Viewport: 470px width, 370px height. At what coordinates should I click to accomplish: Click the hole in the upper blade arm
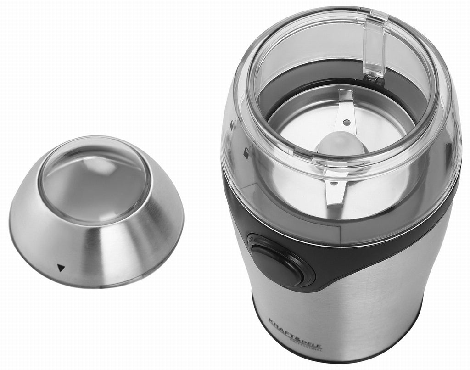[347, 123]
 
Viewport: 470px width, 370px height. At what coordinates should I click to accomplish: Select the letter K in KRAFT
[271, 320]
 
